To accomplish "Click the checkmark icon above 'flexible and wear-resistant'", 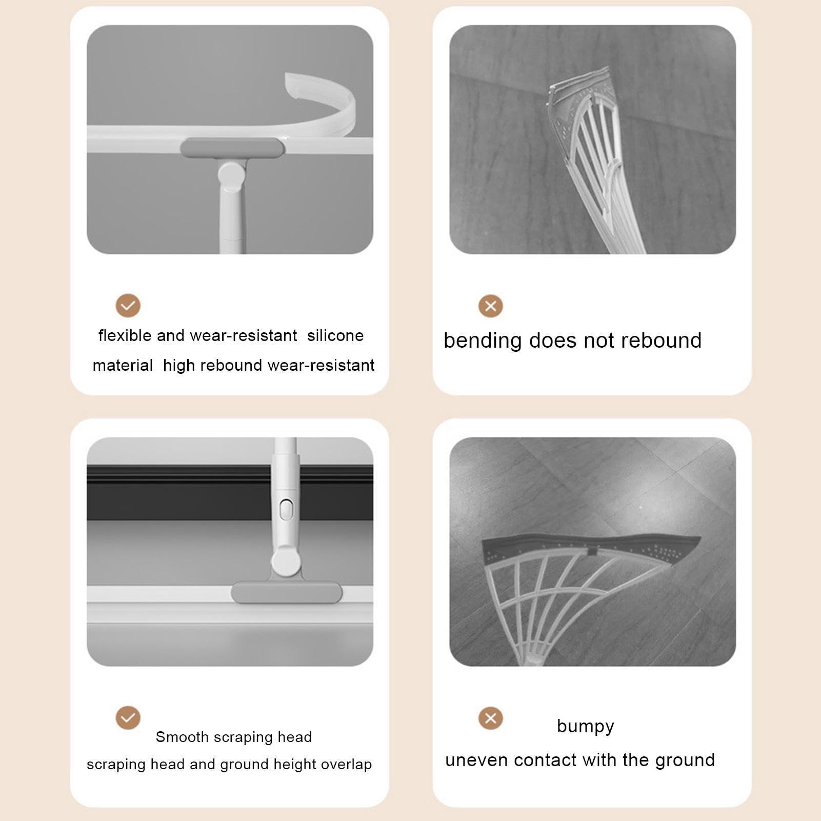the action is [x=128, y=306].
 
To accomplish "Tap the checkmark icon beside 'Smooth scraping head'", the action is [x=128, y=717].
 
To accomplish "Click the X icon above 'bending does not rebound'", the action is [x=491, y=306].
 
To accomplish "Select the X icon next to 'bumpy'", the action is [x=491, y=718].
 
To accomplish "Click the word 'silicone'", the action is [x=335, y=335].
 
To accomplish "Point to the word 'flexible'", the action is [x=125, y=335].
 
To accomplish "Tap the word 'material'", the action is [x=123, y=365].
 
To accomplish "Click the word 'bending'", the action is [x=483, y=341].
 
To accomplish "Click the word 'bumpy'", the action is [x=586, y=727].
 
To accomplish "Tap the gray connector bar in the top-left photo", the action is [x=232, y=149].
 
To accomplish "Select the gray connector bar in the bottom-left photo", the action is [x=286, y=592].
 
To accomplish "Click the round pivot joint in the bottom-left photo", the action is [x=286, y=562].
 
